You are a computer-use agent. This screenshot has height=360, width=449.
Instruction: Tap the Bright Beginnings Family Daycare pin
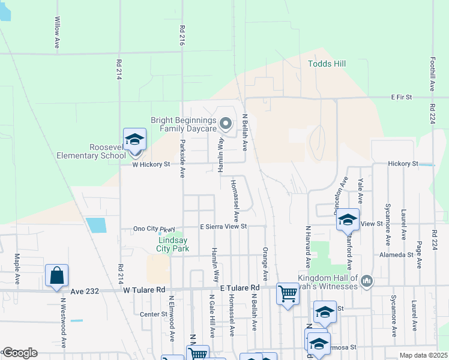[226, 124]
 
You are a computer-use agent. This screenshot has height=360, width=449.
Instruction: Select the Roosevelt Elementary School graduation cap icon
[135, 140]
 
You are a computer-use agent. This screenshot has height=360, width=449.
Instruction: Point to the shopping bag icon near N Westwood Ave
[56, 276]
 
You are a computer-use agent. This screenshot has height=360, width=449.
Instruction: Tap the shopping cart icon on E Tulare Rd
[288, 294]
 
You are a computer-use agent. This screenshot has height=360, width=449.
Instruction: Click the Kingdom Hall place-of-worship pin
[367, 280]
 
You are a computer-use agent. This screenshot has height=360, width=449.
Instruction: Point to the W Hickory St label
[151, 164]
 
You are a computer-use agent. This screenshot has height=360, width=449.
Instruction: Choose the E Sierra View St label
[224, 226]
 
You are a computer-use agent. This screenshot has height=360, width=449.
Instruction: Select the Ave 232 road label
[83, 290]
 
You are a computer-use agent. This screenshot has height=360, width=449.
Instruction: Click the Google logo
[20, 353]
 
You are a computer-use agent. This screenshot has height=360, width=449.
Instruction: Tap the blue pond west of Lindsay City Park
[96, 225]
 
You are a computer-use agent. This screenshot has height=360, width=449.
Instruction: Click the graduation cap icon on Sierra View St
[348, 220]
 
